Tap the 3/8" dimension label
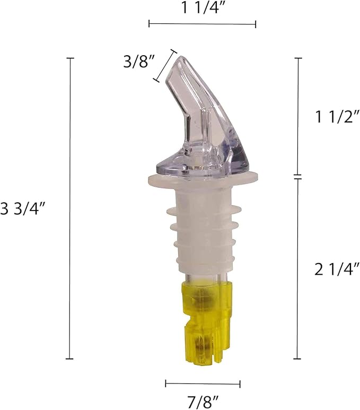138,62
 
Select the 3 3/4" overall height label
23,209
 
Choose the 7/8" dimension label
203,402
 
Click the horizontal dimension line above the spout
202,24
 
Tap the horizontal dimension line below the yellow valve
203,384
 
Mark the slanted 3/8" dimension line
165,66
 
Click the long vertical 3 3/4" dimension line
70,208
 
